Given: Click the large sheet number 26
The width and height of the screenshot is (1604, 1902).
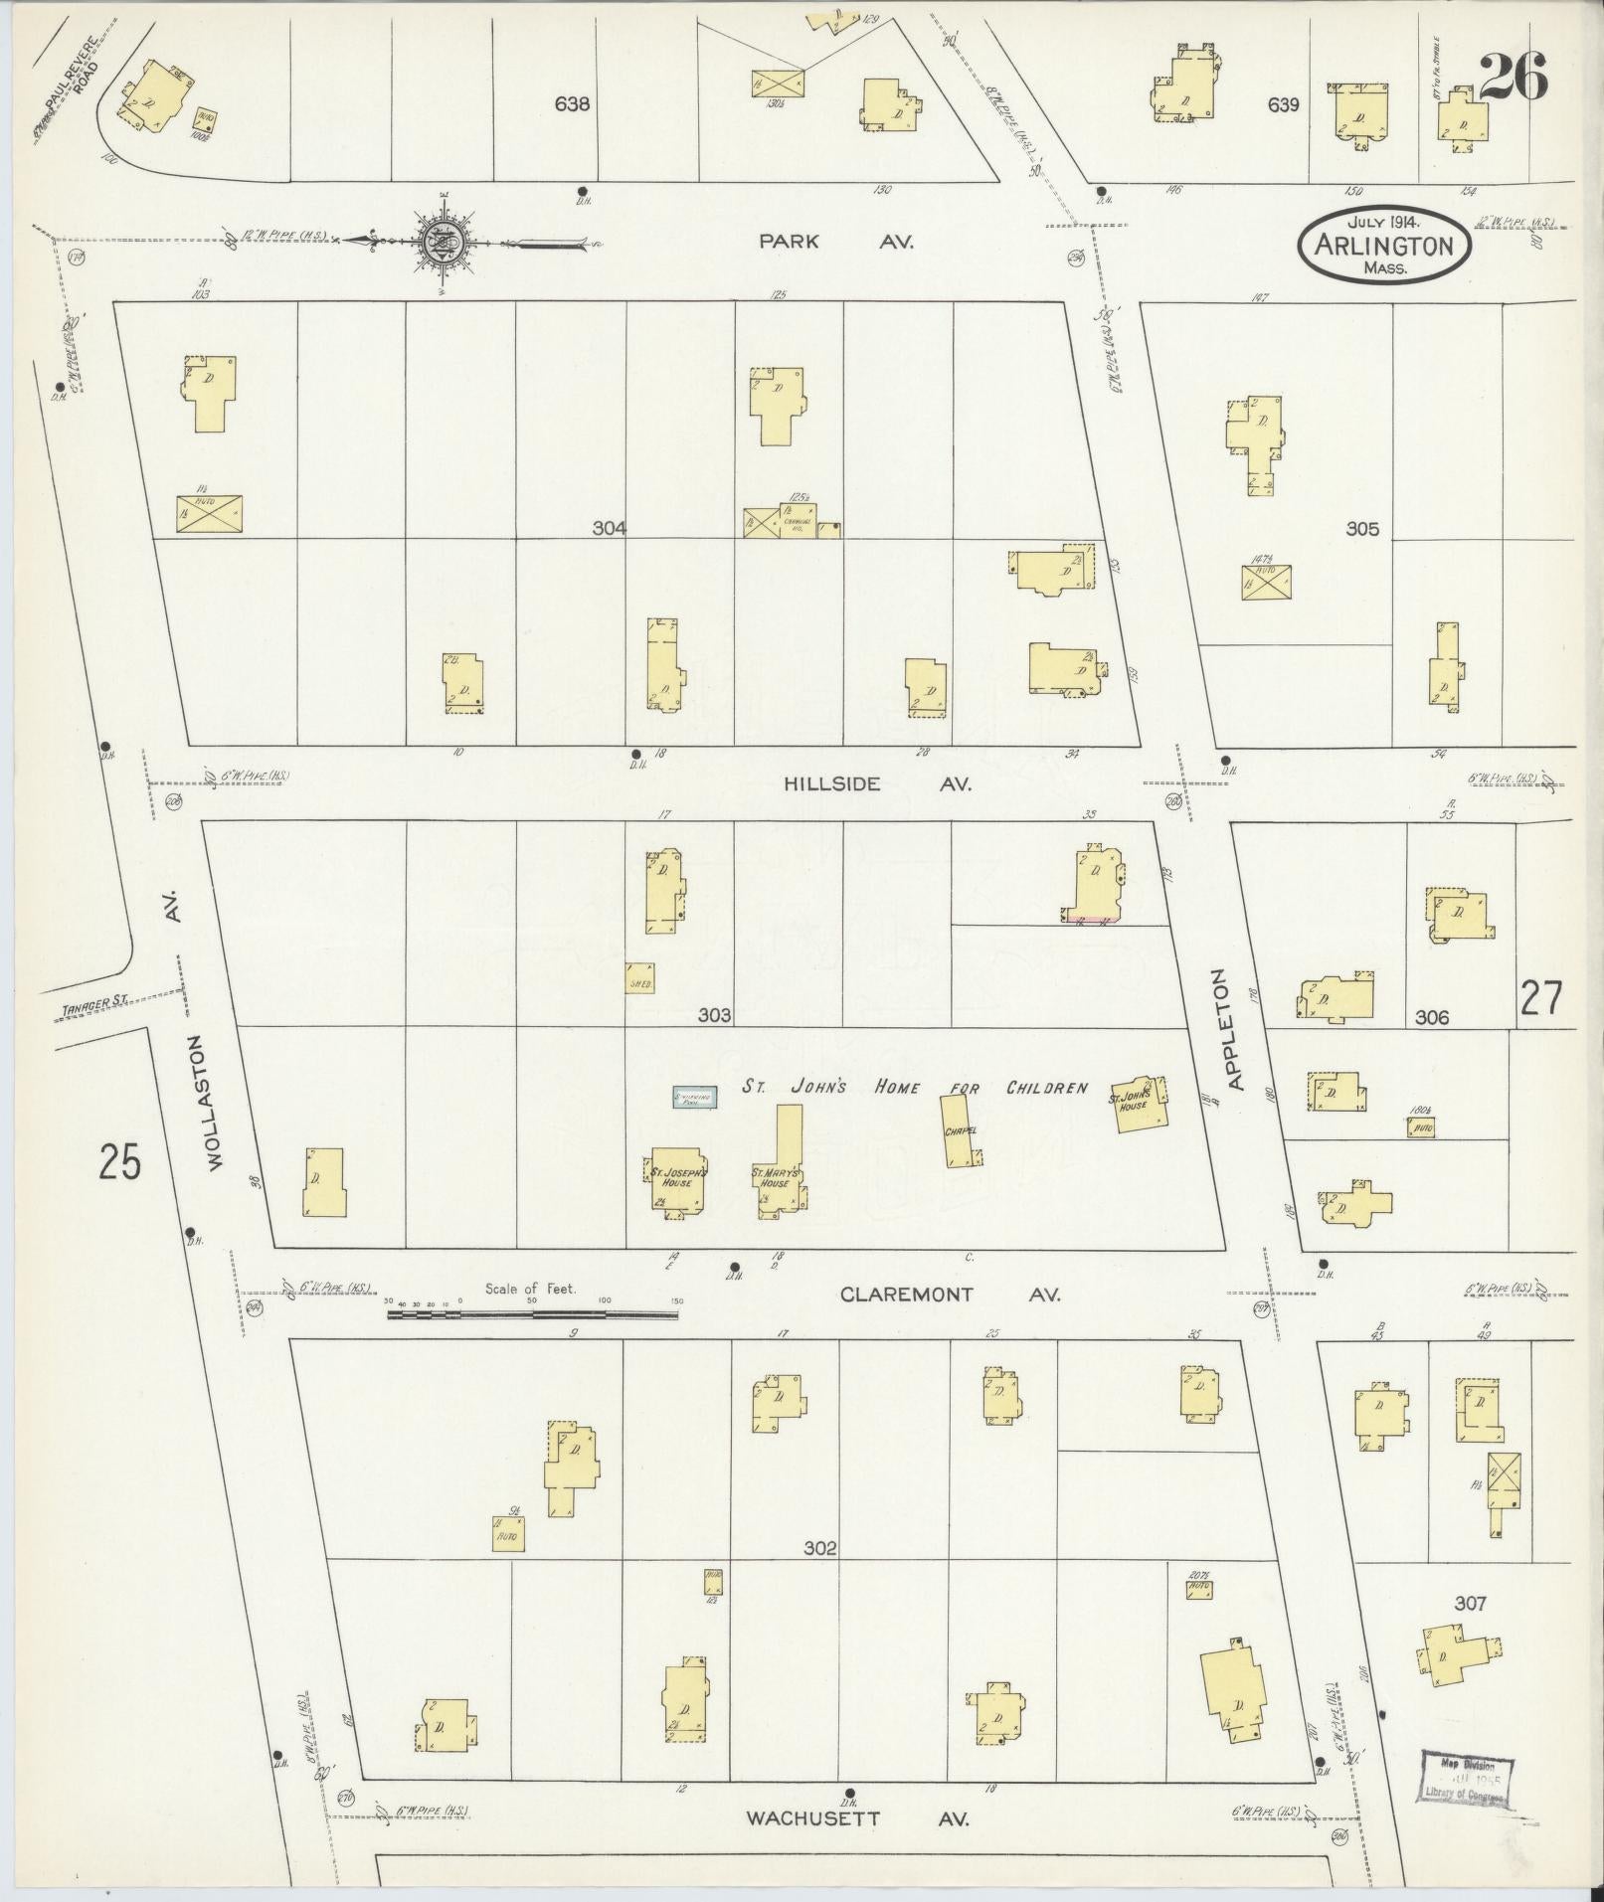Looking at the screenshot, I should tap(1513, 77).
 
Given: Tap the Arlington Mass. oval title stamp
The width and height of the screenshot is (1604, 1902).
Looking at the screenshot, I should tap(1384, 245).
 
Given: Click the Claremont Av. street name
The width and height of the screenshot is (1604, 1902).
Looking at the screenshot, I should tap(950, 1295).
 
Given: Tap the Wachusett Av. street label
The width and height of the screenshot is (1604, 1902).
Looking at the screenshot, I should tap(857, 1818).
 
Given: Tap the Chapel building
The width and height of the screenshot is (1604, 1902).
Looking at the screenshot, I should tap(960, 1129).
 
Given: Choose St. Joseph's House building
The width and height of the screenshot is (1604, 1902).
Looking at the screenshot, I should tap(678, 1180).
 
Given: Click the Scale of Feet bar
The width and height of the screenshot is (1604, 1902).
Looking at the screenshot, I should tap(533, 1313).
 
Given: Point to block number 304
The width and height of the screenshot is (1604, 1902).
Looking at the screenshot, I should tap(609, 529).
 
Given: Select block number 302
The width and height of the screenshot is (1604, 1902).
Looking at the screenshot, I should tap(820, 1548).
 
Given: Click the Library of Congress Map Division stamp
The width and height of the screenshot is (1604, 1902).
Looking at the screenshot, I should tap(1465, 1776).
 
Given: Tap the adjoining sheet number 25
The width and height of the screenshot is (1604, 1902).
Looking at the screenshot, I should tap(119, 1161).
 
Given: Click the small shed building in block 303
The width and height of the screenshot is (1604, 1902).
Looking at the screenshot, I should tap(639, 977).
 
